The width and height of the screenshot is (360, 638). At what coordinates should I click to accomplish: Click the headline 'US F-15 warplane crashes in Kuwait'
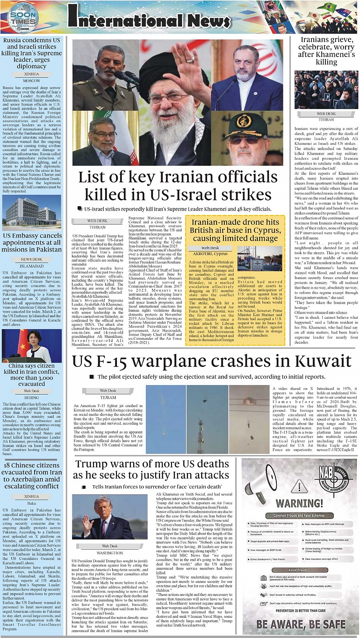pos(211,361)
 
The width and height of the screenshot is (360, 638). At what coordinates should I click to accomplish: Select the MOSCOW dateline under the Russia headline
pos(32,80)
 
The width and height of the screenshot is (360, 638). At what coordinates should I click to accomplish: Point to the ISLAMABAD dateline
pos(32,265)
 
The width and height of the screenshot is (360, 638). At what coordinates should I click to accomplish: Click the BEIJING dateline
pos(32,397)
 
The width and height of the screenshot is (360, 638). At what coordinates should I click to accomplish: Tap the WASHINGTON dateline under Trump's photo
pos(110,552)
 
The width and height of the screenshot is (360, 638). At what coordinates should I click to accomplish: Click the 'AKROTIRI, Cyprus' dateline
pos(210,254)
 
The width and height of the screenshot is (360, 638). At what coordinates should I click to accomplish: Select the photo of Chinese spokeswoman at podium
pos(32,346)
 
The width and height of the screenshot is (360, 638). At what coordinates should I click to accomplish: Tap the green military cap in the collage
pos(252,124)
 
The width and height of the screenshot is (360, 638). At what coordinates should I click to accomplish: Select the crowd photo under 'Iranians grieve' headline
pos(326,90)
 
